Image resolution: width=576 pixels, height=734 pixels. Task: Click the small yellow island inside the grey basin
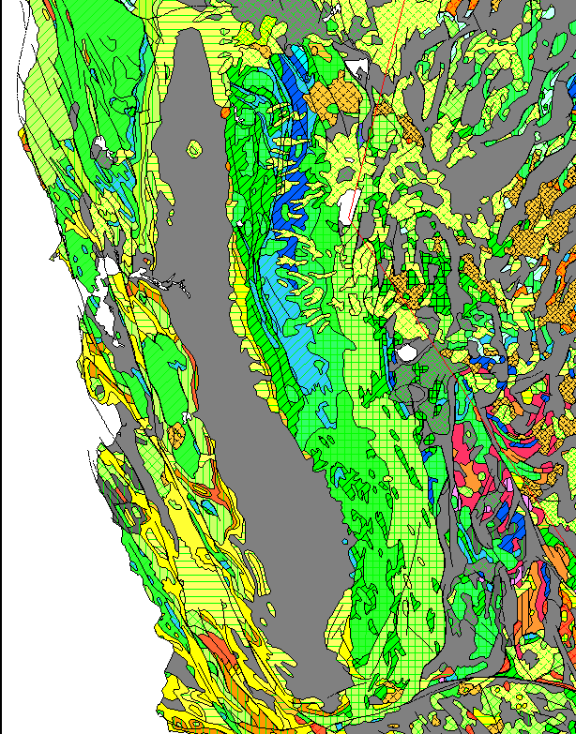click(x=195, y=149)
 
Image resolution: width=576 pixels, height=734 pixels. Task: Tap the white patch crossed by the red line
click(x=348, y=202)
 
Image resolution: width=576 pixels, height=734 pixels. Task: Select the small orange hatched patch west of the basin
click(x=175, y=433)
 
